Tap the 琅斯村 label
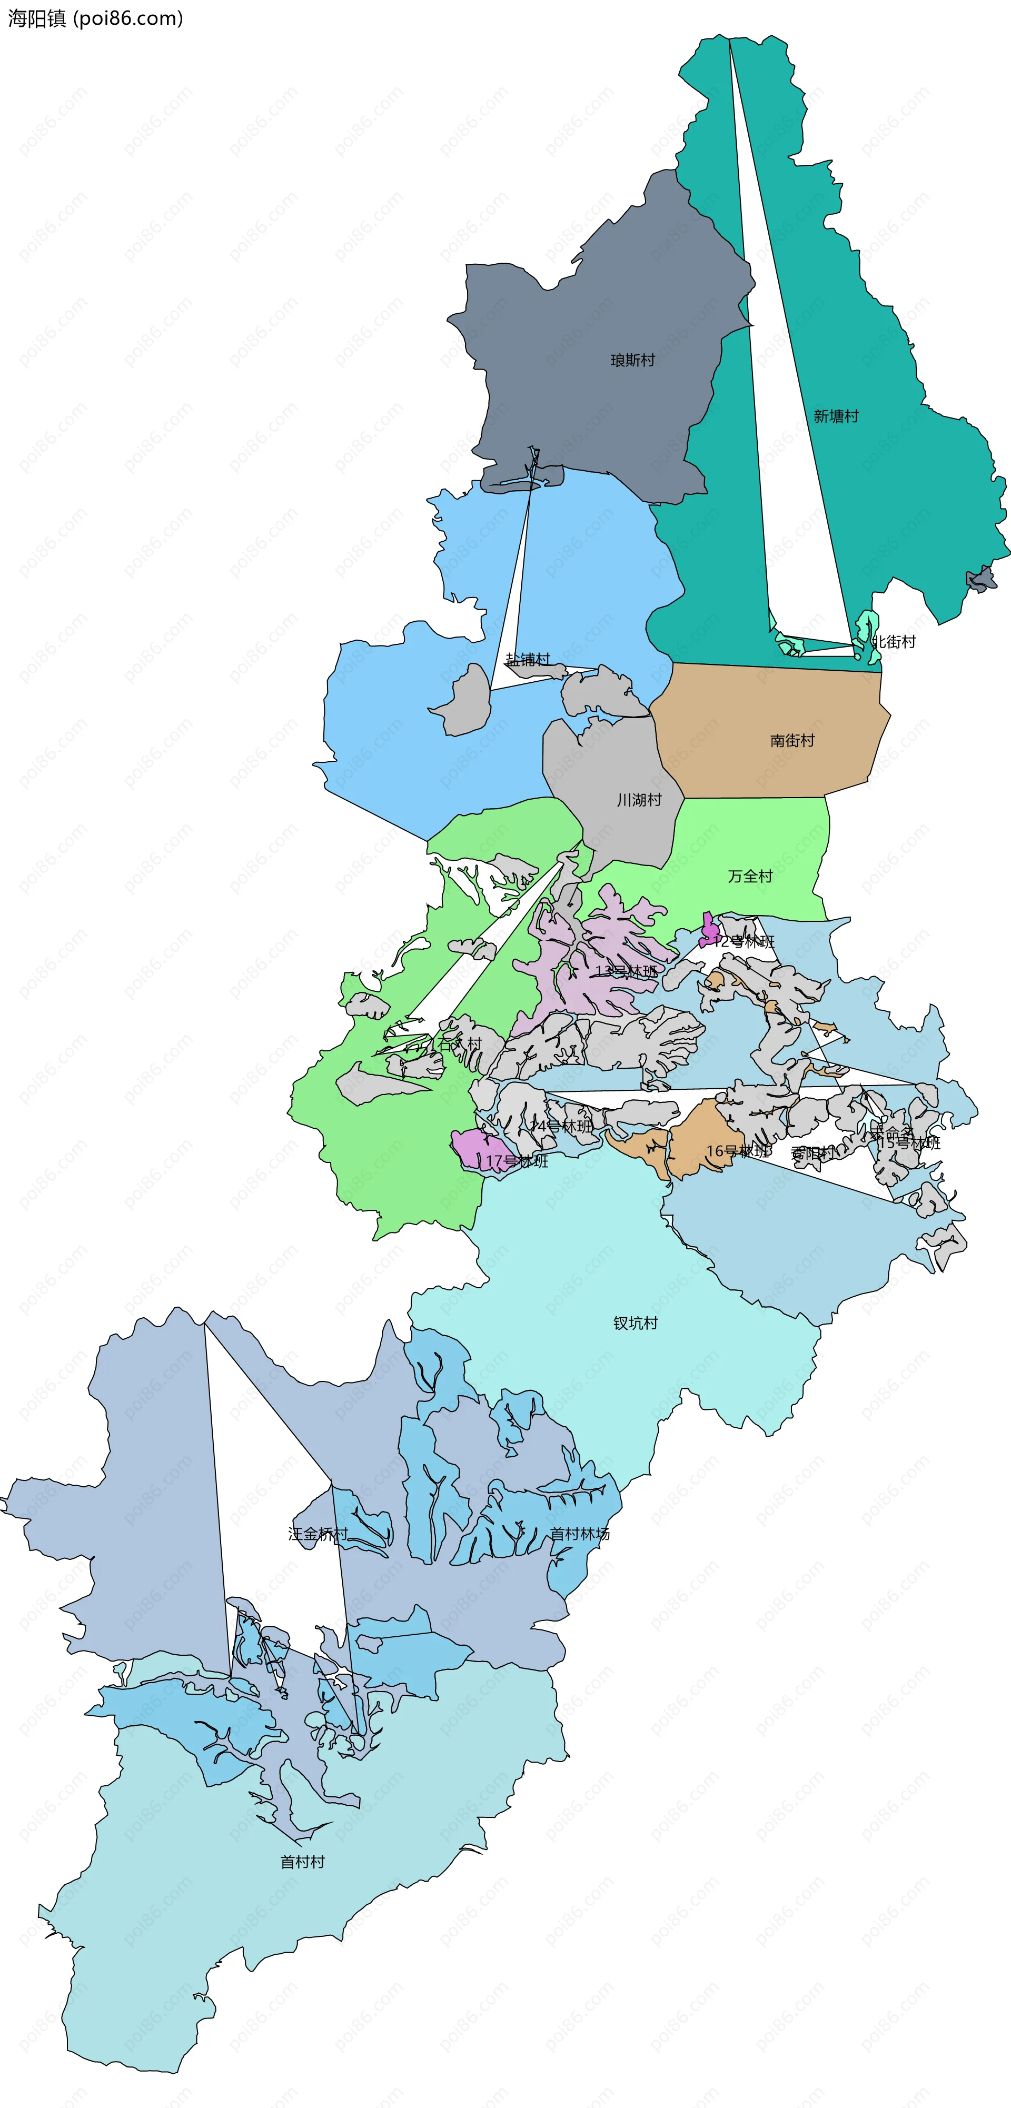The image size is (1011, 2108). pos(633,360)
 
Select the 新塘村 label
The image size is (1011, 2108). pos(836,416)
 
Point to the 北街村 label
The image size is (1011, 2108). pos(894,642)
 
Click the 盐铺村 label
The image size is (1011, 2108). pos(528,660)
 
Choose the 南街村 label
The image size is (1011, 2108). pos(792,741)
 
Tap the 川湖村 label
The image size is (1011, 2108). pos(639,800)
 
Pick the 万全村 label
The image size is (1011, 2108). pos(750,877)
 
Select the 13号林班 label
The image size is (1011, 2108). pos(626,971)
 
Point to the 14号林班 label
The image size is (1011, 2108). pos(561,1126)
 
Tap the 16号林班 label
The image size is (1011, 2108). pos(738,1151)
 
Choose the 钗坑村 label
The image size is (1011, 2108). pos(635,1323)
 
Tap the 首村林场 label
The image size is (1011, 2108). pos(580,1534)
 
